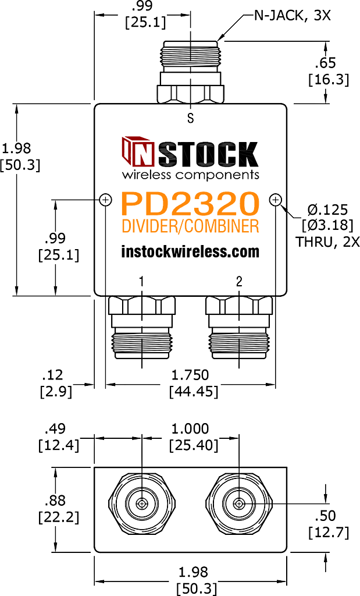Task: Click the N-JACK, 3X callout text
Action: coord(292,16)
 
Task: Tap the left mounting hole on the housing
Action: coord(106,200)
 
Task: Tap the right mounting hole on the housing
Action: coord(275,200)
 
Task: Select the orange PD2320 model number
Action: coord(190,204)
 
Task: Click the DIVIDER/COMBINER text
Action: coord(190,226)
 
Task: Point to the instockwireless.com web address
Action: coord(190,251)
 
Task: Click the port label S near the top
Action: coord(190,119)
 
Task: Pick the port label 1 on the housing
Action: coord(142,282)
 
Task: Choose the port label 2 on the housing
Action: coord(239,282)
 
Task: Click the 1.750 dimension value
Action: coord(190,375)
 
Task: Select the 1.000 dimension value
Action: coord(190,429)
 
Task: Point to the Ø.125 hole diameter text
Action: coord(327,210)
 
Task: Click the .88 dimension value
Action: coord(55,500)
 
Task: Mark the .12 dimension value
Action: coord(53,375)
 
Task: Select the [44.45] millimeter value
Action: coord(194,391)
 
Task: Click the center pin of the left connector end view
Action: coord(142,504)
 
